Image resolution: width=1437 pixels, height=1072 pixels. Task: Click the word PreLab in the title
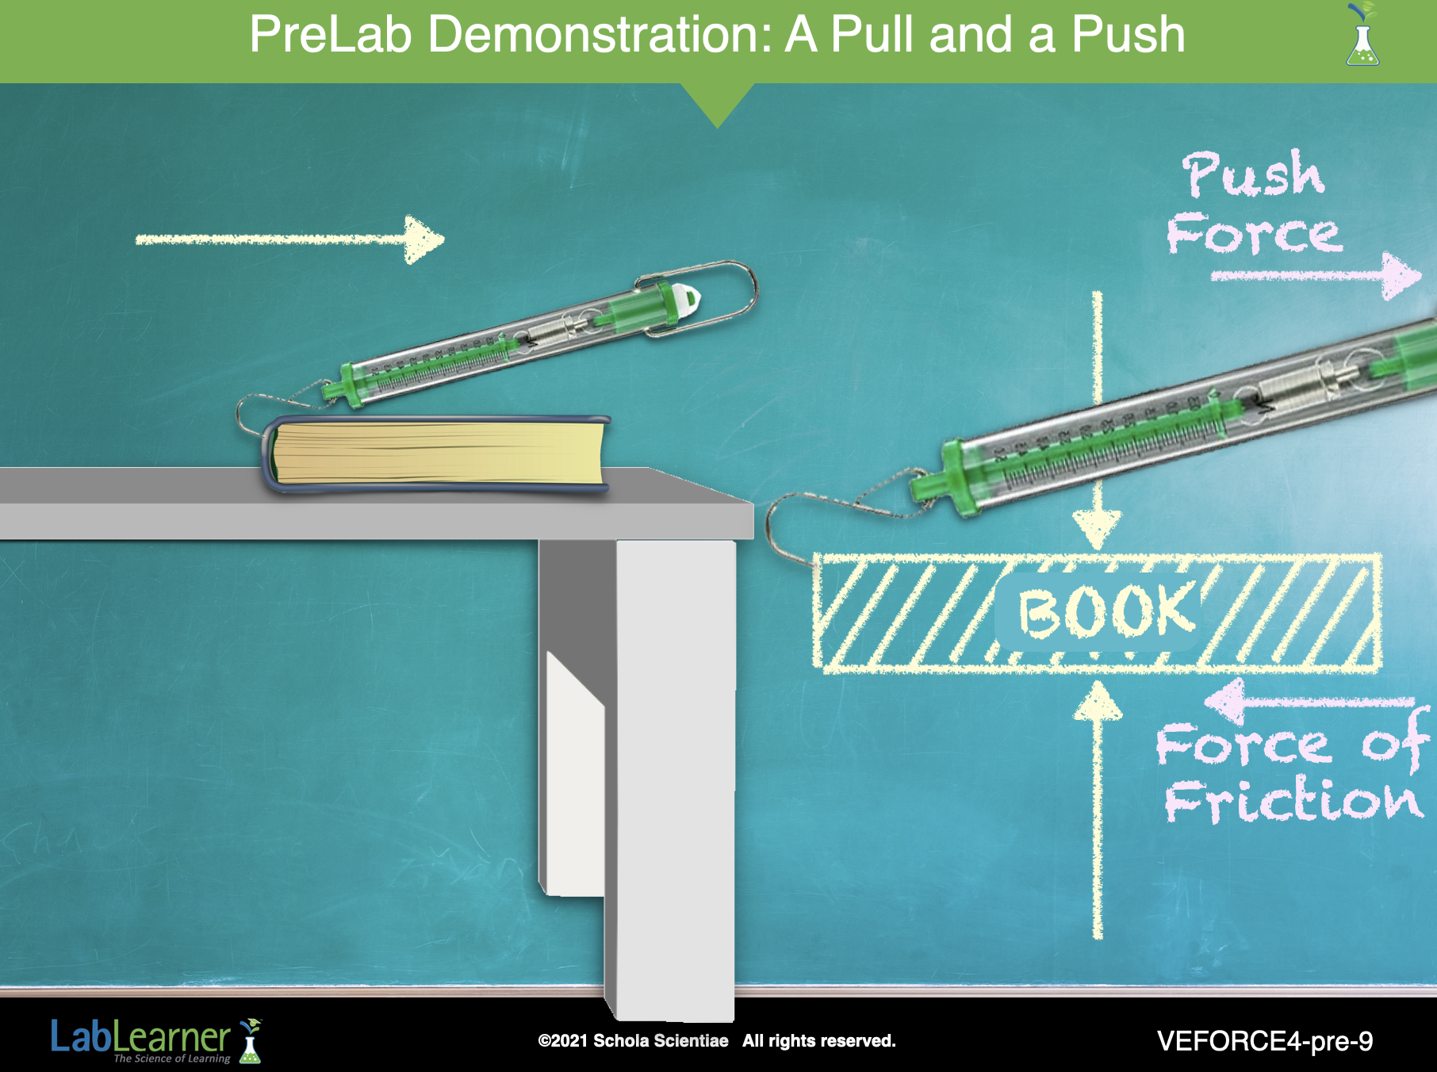331,34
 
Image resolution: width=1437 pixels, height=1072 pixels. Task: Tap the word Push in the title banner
1128,34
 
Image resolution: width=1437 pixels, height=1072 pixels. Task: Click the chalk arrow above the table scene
290,239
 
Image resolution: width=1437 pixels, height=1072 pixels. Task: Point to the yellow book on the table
436,454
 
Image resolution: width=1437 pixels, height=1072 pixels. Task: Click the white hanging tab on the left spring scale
688,299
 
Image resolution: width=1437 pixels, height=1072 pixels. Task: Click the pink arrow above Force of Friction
1309,700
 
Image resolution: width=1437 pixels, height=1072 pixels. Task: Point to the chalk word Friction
1293,800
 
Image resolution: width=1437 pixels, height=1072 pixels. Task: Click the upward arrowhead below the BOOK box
1098,700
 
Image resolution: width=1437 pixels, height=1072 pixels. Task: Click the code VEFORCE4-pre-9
1265,1041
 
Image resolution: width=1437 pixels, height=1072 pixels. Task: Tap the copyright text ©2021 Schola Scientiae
633,1041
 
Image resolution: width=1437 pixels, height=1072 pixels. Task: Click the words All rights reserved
819,1041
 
